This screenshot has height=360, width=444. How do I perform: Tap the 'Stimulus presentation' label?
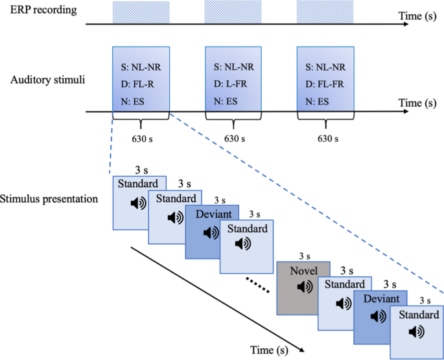pyautogui.click(x=49, y=198)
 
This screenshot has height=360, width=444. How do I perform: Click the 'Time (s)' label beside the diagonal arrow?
pyautogui.click(x=270, y=350)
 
